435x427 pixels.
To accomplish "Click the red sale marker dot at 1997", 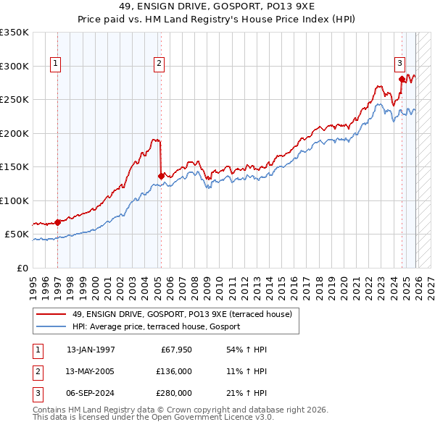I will pyautogui.click(x=58, y=222).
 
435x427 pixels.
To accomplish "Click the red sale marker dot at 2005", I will pyautogui.click(x=161, y=175).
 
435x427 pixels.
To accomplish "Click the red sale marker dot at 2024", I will pyautogui.click(x=401, y=78).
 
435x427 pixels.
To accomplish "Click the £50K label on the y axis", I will pyautogui.click(x=16, y=234).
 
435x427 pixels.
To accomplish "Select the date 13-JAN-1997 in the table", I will pyautogui.click(x=91, y=350).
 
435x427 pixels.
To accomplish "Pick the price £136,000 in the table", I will pyautogui.click(x=174, y=371).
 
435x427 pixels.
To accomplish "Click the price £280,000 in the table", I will pyautogui.click(x=174, y=393).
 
